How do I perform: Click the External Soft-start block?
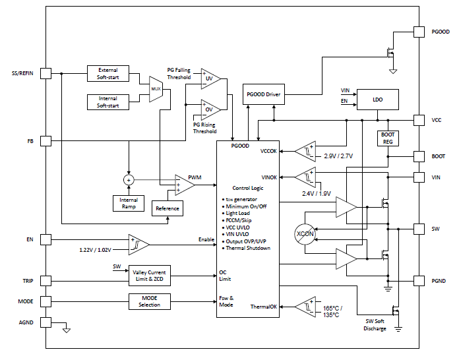point(108,73)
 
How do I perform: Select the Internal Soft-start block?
point(108,102)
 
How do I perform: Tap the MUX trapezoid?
point(156,88)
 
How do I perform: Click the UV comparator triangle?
point(210,77)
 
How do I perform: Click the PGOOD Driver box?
point(264,94)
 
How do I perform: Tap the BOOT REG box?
point(388,137)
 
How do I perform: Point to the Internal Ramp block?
point(128,203)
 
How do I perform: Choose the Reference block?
point(167,208)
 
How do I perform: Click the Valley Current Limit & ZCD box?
point(149,276)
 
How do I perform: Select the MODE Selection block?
point(149,301)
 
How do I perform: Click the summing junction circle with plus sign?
point(129,179)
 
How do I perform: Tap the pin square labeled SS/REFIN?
point(46,73)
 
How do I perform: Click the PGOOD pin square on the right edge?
point(418,32)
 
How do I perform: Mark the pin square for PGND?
point(418,281)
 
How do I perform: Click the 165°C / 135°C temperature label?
point(328,311)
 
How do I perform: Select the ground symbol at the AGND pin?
point(66,330)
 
